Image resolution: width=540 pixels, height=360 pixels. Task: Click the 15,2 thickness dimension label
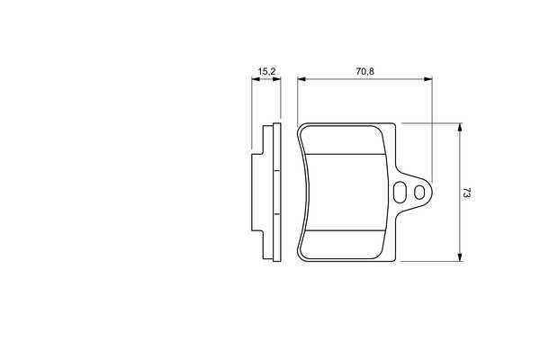point(267,72)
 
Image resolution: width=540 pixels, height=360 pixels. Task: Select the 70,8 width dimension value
point(365,71)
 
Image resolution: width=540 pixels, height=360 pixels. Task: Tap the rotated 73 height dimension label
point(466,193)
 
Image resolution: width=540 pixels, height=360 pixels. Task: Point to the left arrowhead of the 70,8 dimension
point(301,79)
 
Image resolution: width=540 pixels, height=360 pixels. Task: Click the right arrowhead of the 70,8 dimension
point(427,79)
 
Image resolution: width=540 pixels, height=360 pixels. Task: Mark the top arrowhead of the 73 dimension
point(459,127)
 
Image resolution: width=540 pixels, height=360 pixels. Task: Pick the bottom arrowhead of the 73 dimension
point(459,257)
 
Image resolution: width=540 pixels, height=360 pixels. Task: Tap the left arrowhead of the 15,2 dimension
point(256,79)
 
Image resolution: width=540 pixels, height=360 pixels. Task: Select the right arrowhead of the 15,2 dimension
point(276,79)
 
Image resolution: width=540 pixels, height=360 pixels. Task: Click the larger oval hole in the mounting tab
point(400,192)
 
